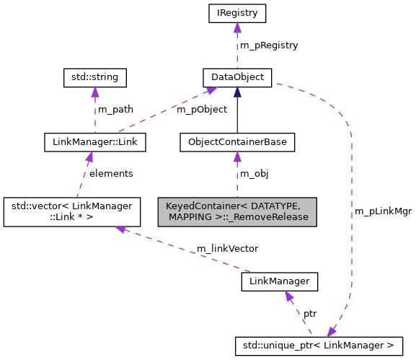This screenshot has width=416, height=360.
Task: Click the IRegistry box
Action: coord(236,13)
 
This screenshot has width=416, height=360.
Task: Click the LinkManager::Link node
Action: coord(95,142)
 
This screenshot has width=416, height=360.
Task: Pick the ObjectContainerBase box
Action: coord(237,142)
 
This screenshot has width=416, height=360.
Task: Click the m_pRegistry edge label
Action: coord(268,45)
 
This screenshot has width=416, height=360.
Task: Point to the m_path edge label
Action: coord(115,110)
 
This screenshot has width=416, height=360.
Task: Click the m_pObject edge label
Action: coord(202,110)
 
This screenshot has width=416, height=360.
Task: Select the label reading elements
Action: coord(110,174)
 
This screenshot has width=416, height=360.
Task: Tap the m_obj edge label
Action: coord(254,174)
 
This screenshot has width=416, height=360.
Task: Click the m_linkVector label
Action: coord(227,248)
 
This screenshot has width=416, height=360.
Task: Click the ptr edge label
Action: coord(309,313)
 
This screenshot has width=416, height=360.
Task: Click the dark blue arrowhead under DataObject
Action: coord(236,92)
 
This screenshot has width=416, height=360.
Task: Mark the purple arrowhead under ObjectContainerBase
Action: coord(236,157)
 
